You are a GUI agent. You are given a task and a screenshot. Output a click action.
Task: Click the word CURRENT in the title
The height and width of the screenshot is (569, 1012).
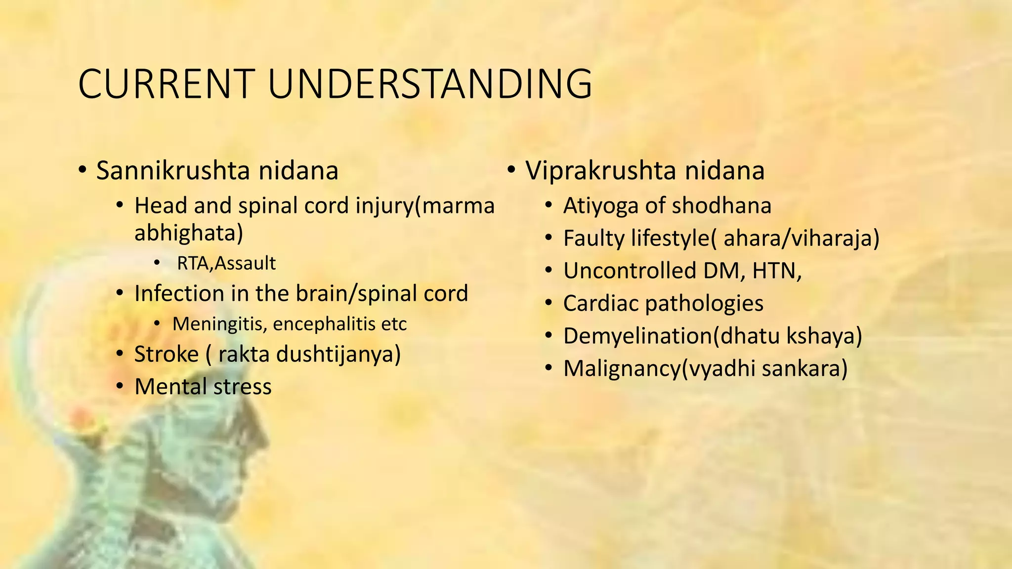(x=166, y=84)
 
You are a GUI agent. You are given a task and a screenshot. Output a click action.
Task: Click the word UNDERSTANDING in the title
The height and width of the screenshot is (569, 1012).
(x=429, y=84)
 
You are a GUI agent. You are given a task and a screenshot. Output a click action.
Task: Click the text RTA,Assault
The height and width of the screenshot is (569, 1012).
(x=226, y=263)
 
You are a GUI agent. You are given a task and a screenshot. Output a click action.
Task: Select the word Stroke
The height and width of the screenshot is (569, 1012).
(x=166, y=354)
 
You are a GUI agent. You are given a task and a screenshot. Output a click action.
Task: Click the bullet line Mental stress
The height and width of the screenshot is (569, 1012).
(x=203, y=387)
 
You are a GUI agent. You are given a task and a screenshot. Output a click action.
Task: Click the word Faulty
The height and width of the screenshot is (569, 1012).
(x=593, y=239)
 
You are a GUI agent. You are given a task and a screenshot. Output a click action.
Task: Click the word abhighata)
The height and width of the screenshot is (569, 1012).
(x=189, y=233)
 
